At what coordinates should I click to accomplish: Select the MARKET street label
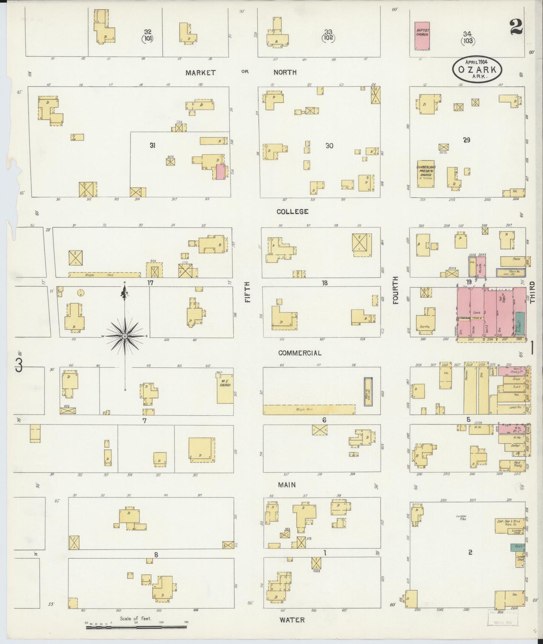point(201,73)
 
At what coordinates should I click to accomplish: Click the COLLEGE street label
point(292,212)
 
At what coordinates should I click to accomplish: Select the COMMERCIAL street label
point(299,353)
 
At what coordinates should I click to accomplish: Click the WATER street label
point(292,620)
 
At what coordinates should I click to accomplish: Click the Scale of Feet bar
point(136,627)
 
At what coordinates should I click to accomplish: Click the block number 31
point(152,145)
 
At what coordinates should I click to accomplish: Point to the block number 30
point(329,146)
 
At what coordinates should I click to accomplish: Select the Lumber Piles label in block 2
point(461,517)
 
